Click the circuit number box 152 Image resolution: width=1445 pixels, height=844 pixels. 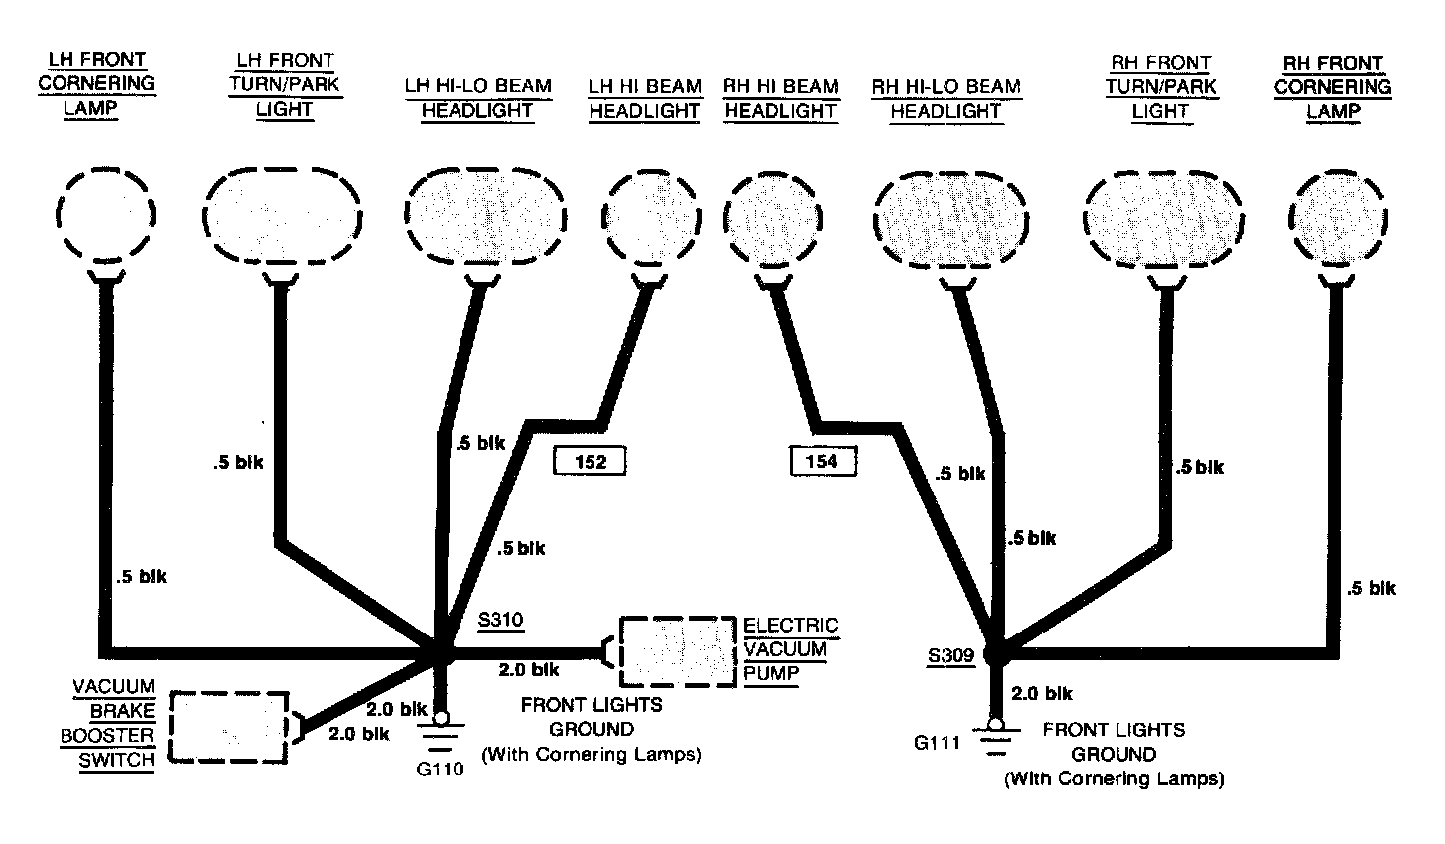pyautogui.click(x=591, y=461)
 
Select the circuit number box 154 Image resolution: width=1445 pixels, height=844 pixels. pyautogui.click(x=822, y=461)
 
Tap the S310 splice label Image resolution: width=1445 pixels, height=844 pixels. pyautogui.click(x=500, y=621)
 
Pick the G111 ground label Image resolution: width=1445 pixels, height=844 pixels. pyautogui.click(x=938, y=742)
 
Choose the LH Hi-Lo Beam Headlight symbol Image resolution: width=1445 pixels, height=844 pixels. pyautogui.click(x=485, y=216)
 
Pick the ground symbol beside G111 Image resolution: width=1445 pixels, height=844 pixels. pyautogui.click(x=995, y=736)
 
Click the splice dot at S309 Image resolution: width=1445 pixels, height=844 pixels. pyautogui.click(x=995, y=653)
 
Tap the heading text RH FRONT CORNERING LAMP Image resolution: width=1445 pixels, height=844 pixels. pyautogui.click(x=1332, y=87)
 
